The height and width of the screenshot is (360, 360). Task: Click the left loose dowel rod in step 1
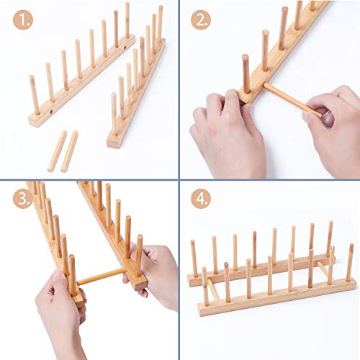click(x=56, y=150)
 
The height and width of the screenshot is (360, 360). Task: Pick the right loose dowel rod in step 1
click(x=69, y=151)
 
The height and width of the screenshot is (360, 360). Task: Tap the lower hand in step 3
click(x=61, y=310)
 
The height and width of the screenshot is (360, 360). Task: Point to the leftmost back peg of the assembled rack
click(x=194, y=258)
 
